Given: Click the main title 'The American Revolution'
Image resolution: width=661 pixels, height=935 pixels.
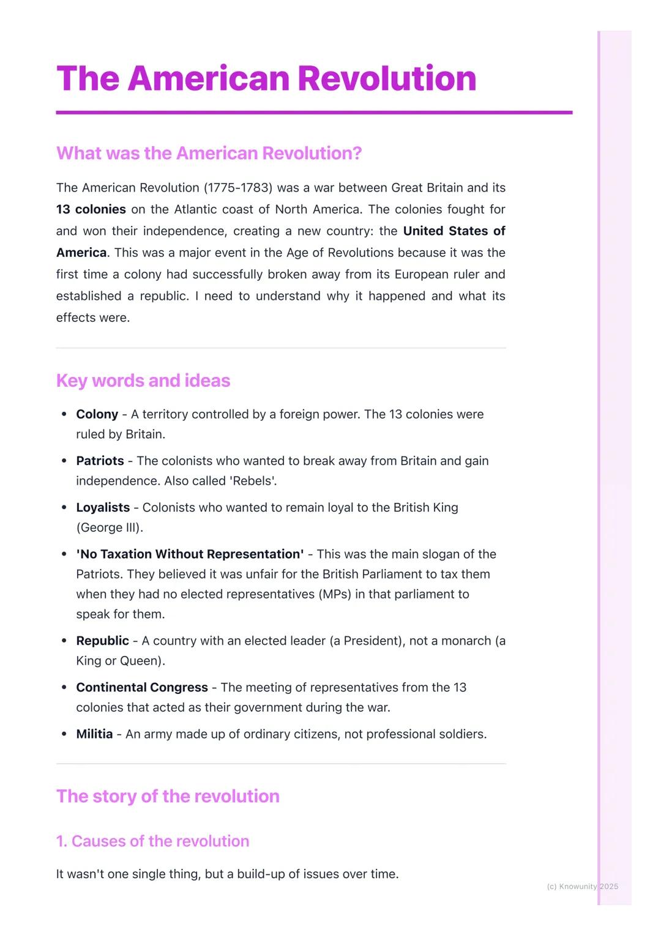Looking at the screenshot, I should [266, 78].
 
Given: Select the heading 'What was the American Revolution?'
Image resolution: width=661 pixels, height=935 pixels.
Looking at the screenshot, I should [209, 153].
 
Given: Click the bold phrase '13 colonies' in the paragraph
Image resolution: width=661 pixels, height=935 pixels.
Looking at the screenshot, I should [91, 209].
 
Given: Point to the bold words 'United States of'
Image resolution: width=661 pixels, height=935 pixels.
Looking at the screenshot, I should [454, 231].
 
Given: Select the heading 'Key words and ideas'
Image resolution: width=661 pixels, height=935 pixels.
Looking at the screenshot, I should [143, 381].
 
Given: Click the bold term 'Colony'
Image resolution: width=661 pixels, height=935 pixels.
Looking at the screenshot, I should [97, 414].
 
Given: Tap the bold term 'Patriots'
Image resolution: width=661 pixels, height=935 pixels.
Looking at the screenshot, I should [100, 461].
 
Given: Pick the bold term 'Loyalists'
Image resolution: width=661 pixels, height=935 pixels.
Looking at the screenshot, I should [103, 507].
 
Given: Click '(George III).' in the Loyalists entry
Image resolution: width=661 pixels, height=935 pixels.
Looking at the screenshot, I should [110, 527].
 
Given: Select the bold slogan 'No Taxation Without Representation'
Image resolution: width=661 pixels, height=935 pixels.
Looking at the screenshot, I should [190, 554].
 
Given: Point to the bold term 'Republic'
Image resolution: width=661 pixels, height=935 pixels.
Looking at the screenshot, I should [102, 641].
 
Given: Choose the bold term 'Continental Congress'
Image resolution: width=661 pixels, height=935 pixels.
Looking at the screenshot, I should [141, 687].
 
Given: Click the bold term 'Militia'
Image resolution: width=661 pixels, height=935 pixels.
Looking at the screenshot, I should [94, 734].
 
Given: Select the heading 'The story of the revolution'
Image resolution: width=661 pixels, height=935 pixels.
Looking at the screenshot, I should [168, 796].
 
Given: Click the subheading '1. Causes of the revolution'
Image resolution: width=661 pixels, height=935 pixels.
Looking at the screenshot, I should [152, 841].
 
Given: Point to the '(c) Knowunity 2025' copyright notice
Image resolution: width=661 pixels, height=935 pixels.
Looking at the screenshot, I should [582, 886].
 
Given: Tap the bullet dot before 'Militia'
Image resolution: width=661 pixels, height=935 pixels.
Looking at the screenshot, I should [64, 734].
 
